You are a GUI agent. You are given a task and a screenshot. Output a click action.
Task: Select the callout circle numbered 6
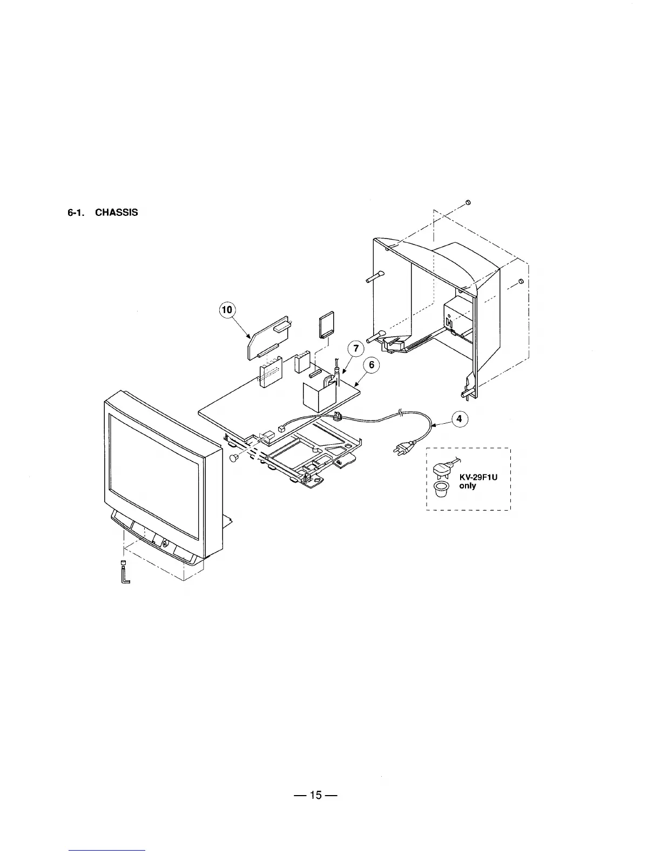(372, 365)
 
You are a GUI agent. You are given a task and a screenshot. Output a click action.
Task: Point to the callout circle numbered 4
(459, 419)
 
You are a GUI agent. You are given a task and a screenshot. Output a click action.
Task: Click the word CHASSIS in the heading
(117, 213)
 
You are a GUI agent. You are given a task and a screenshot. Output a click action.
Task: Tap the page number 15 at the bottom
(316, 795)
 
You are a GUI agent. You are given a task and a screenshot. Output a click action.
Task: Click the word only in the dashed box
(468, 486)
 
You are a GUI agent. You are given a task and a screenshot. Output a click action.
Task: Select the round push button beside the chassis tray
(234, 458)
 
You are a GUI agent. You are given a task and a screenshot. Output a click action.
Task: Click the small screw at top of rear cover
(468, 202)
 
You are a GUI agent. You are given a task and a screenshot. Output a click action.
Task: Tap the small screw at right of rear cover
(521, 282)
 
